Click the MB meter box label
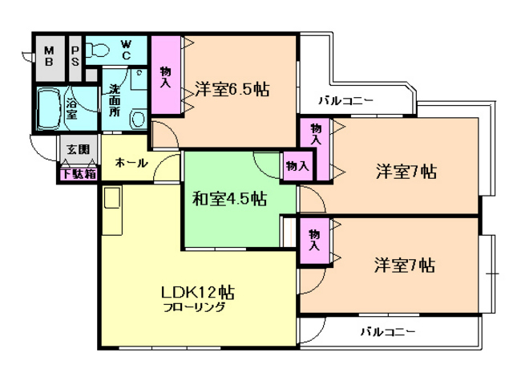(49, 56)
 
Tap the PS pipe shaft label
(75, 56)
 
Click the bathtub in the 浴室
(49, 109)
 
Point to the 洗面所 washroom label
(115, 100)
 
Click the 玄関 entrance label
(79, 149)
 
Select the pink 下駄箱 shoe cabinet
(79, 174)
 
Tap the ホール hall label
(131, 163)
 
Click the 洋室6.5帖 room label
(232, 89)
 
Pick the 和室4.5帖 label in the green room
(229, 198)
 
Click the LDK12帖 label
(198, 292)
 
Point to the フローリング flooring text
(194, 308)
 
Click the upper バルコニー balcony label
(345, 100)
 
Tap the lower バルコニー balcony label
(388, 332)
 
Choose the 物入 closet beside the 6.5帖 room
(166, 75)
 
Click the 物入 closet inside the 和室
(297, 166)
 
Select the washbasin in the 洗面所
(138, 120)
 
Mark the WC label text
(126, 50)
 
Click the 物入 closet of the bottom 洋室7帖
(315, 241)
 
